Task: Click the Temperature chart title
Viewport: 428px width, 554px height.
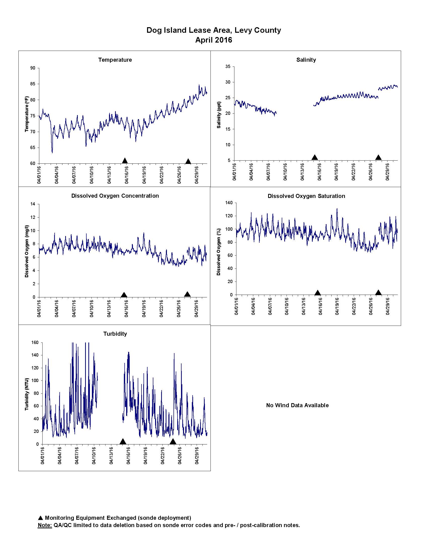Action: (x=115, y=60)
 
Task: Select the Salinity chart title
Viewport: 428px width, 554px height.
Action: (x=306, y=60)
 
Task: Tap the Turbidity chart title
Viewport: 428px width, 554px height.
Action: (x=115, y=334)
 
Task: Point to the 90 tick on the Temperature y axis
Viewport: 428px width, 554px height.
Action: (x=33, y=68)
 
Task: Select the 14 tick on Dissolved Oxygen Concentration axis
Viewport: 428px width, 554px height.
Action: (x=33, y=204)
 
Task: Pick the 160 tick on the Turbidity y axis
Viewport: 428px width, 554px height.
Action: (x=35, y=342)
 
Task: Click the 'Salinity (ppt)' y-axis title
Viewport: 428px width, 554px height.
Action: (x=219, y=115)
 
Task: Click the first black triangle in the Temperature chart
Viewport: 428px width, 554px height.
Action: (x=125, y=160)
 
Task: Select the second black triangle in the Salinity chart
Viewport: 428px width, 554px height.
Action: (x=378, y=157)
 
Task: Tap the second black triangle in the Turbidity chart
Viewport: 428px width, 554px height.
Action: (x=173, y=442)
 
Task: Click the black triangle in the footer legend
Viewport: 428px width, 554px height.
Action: (x=40, y=518)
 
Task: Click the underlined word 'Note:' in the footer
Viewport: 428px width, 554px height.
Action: (x=45, y=525)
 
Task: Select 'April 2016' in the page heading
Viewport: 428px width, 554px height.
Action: (x=214, y=40)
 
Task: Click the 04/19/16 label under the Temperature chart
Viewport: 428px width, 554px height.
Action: (x=144, y=175)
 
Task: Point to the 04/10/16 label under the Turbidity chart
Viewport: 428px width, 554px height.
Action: (x=94, y=455)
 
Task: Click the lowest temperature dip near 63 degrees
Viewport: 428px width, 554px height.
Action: (x=52, y=153)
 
